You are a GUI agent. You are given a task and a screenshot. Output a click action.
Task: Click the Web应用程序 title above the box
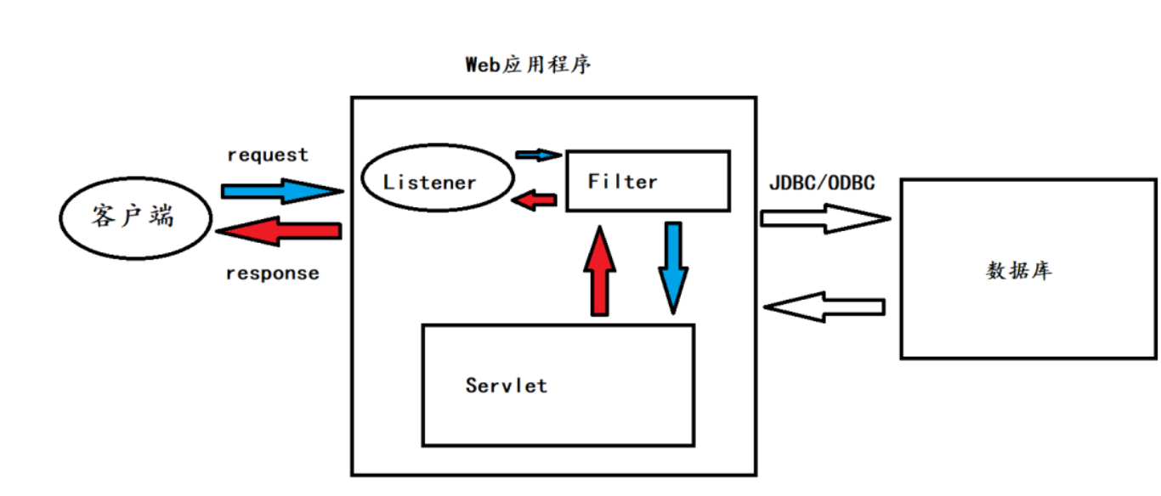click(528, 65)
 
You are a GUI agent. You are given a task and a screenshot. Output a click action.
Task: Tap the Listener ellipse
click(437, 180)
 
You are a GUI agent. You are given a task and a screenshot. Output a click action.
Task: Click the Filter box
click(648, 181)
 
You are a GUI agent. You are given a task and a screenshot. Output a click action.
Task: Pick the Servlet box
click(558, 385)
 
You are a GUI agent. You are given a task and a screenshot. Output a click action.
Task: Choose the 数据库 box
click(1028, 268)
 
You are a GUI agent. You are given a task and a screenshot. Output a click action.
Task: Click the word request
click(268, 155)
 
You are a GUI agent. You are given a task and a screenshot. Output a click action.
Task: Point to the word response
click(273, 273)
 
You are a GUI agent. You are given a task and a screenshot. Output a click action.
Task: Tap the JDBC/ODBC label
click(821, 183)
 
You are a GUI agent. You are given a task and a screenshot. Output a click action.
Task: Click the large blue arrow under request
click(281, 191)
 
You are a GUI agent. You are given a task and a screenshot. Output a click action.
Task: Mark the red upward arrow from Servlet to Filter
click(598, 272)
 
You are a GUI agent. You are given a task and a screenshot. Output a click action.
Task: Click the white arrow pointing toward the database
click(824, 218)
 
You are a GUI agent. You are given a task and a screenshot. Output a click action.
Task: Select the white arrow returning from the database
click(824, 307)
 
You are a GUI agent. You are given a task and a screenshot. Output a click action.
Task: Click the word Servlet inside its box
click(507, 386)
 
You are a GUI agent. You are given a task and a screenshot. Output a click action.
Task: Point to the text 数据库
click(1019, 271)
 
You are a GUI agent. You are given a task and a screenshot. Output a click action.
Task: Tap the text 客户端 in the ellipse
click(133, 217)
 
